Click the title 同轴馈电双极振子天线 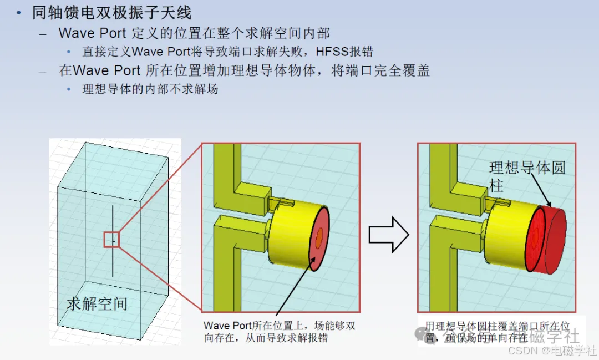tap(111, 12)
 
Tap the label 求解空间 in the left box tap(97, 303)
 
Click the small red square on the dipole tap(111, 240)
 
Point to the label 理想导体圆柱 tap(526, 176)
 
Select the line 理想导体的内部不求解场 tap(150, 89)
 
